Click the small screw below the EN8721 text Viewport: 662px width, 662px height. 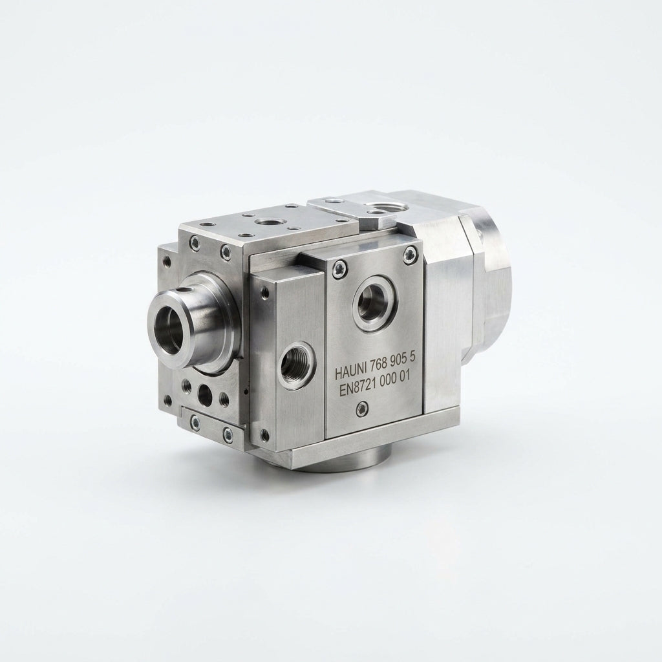[362, 408]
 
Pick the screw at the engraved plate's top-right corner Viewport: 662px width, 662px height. [408, 255]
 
